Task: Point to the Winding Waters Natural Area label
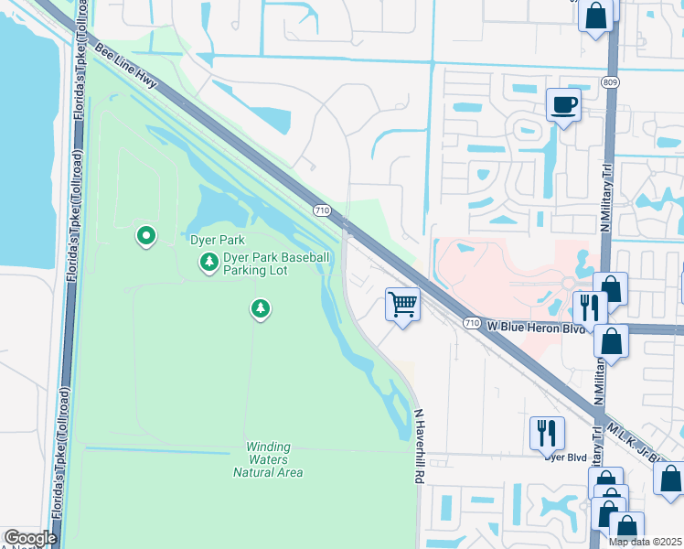(267, 460)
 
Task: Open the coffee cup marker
(562, 104)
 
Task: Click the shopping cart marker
(402, 304)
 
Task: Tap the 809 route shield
(609, 82)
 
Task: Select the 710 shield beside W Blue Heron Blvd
(471, 323)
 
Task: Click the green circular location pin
(145, 237)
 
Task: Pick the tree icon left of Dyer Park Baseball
(209, 264)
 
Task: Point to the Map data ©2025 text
(645, 542)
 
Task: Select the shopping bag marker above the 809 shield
(596, 16)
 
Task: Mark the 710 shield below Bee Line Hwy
(321, 210)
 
